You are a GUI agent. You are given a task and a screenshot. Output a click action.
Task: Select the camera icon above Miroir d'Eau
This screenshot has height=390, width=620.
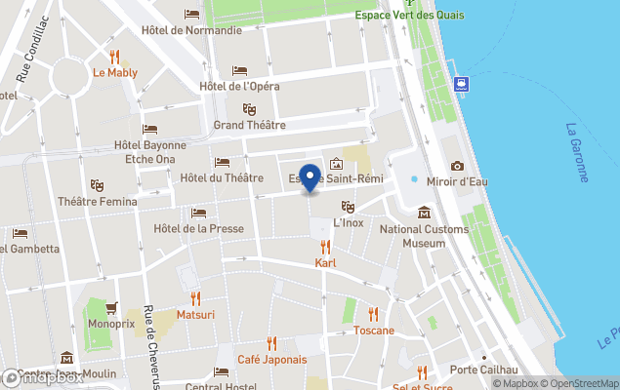click(457, 166)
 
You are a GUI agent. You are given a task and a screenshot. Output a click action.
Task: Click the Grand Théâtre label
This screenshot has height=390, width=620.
click(249, 125)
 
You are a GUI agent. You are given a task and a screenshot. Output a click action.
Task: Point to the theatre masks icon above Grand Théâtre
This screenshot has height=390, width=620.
click(249, 109)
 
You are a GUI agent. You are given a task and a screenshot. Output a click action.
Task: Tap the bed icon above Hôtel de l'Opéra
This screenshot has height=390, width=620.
click(239, 70)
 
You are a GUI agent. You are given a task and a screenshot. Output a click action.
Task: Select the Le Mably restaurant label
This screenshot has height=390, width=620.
click(115, 72)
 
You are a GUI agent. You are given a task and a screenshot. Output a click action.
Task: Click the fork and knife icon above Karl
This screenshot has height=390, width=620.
click(325, 248)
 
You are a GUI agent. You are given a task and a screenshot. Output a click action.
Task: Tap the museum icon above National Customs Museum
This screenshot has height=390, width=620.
click(424, 213)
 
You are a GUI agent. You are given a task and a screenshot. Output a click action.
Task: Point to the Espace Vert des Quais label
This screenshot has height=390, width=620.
click(422, 15)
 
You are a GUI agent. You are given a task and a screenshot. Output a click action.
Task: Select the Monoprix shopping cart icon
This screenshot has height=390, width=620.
click(110, 307)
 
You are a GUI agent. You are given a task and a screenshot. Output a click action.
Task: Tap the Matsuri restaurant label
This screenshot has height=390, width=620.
click(195, 315)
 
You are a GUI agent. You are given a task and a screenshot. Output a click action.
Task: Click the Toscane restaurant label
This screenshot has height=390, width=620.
click(373, 331)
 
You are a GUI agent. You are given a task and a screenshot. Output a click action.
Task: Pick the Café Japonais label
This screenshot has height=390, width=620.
click(272, 359)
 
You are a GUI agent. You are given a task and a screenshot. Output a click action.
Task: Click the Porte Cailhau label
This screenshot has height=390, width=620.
click(480, 370)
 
